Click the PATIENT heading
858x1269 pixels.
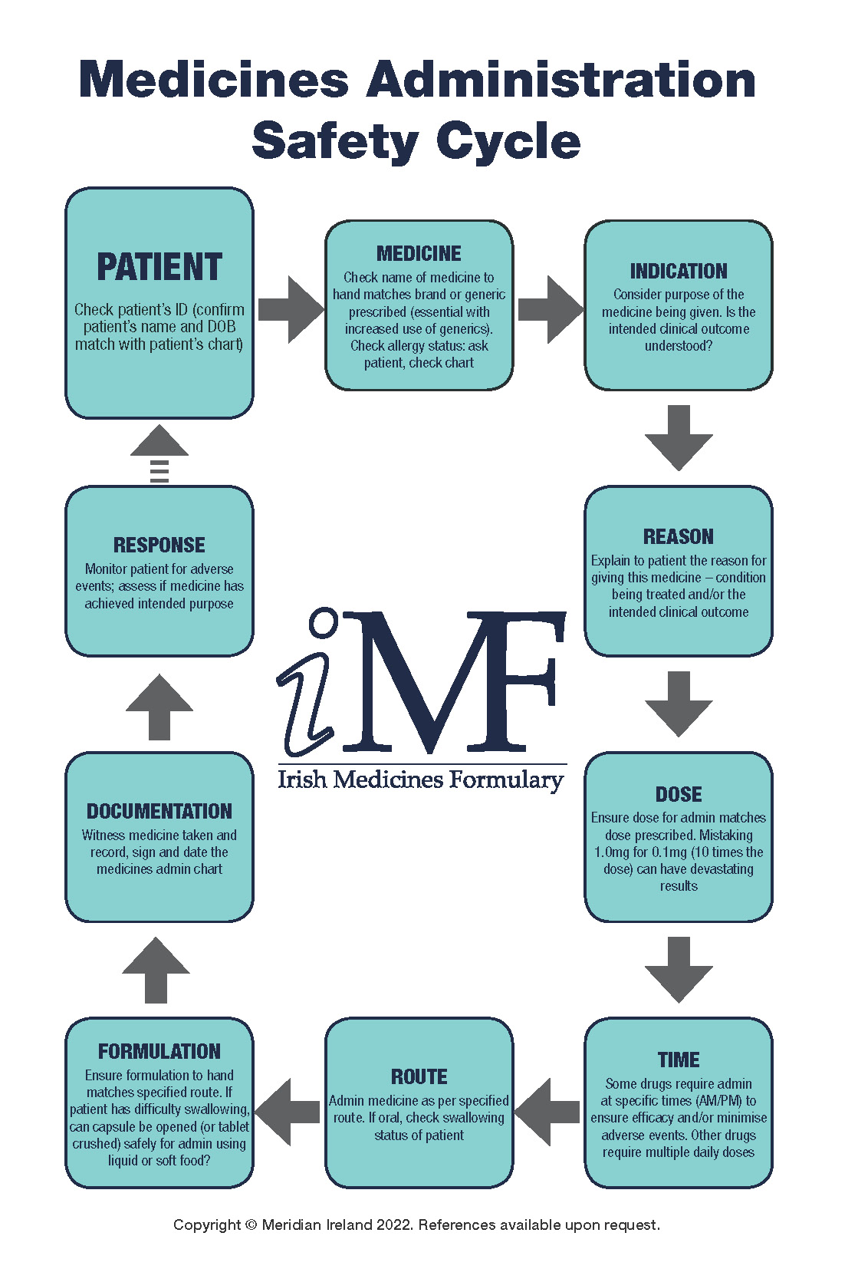(x=159, y=268)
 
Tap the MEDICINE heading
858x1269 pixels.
(x=419, y=254)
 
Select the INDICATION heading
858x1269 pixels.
(x=679, y=272)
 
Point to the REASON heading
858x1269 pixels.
(x=679, y=537)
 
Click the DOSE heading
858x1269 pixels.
(x=679, y=795)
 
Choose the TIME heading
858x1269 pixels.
(x=679, y=1060)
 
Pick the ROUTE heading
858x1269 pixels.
(x=419, y=1077)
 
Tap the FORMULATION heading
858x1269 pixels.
(x=159, y=1052)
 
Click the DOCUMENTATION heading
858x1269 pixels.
(x=159, y=812)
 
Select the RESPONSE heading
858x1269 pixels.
(x=159, y=546)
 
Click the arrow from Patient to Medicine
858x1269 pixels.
(x=291, y=309)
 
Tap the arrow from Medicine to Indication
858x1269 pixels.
(x=551, y=309)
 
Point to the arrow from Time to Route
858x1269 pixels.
(x=547, y=1112)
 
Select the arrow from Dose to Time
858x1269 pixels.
(x=679, y=969)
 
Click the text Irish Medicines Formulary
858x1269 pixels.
(x=420, y=780)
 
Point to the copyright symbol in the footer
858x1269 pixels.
(x=251, y=1225)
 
